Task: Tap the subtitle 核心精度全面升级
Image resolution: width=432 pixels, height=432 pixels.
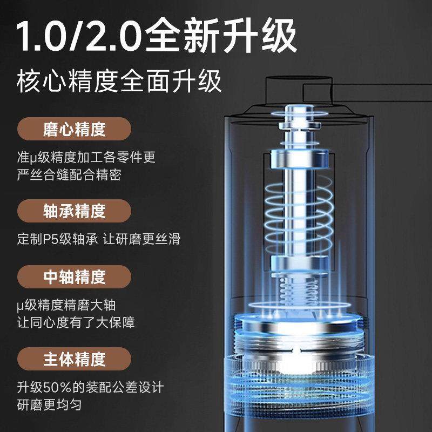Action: pos(119,83)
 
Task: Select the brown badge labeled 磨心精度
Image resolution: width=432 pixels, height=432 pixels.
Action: pos(74,130)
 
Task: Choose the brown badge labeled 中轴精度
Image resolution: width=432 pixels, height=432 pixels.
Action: pos(74,278)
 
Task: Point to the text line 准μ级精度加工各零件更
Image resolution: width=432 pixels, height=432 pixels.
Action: pos(86,158)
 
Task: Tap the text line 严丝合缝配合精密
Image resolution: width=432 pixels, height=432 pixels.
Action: pos(69,175)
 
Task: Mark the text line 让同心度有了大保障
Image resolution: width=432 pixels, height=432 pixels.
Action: pos(76,322)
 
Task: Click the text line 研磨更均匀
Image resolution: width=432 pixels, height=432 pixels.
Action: pos(49,404)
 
